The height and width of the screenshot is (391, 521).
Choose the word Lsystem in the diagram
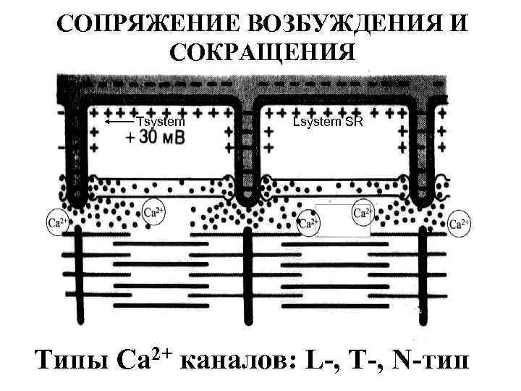click(317, 122)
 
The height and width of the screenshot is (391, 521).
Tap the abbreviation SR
click(354, 122)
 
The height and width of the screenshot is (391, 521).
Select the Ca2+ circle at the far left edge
click(56, 221)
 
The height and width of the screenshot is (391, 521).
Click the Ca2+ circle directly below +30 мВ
click(153, 212)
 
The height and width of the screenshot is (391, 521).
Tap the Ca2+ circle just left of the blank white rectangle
click(308, 223)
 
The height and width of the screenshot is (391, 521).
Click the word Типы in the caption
click(71, 358)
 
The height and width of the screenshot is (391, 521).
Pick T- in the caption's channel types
click(365, 358)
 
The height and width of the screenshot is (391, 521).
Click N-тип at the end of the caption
click(428, 358)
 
